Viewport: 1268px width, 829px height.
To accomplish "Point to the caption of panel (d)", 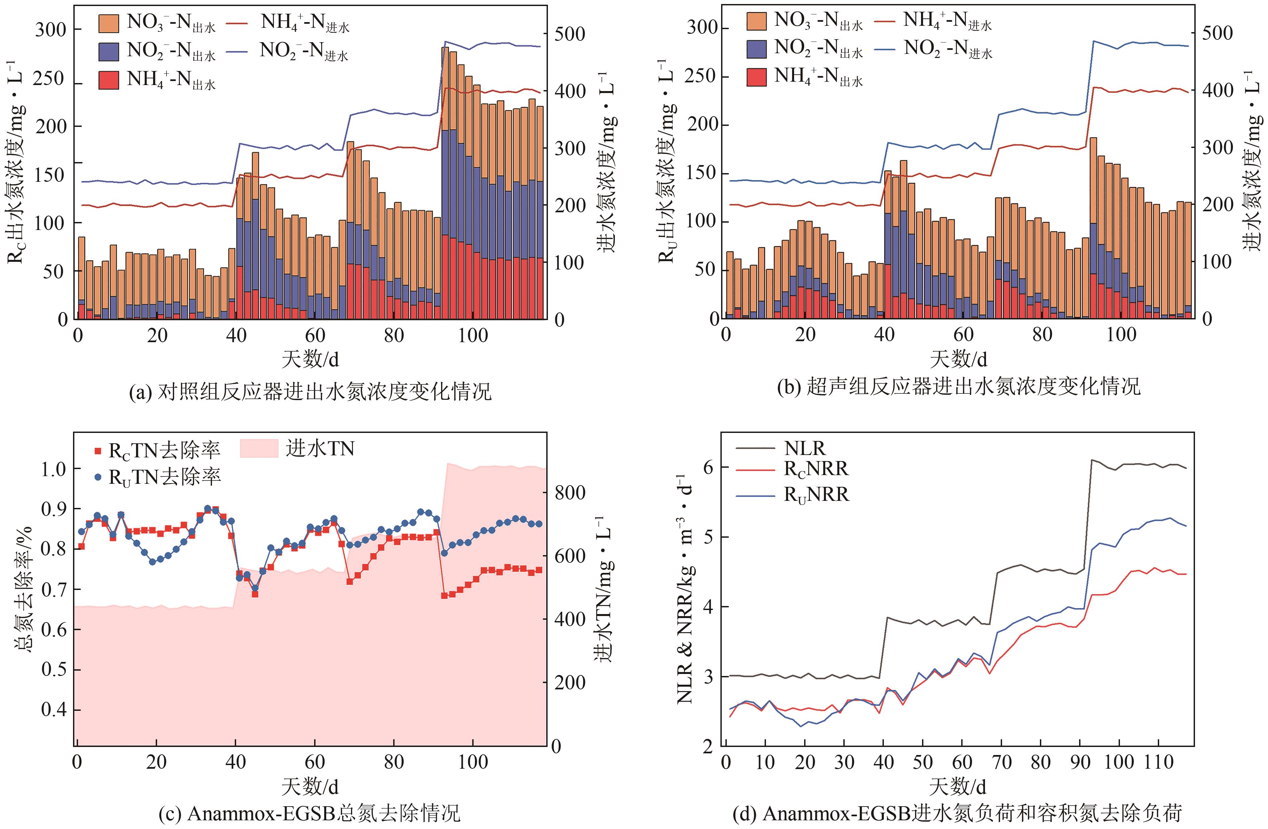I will click(x=958, y=813).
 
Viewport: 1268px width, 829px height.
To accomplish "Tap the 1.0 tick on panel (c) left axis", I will click(x=54, y=469).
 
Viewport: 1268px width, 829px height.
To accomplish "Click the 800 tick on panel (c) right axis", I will click(x=570, y=493).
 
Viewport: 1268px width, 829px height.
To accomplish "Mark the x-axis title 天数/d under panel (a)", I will click(x=310, y=359).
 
